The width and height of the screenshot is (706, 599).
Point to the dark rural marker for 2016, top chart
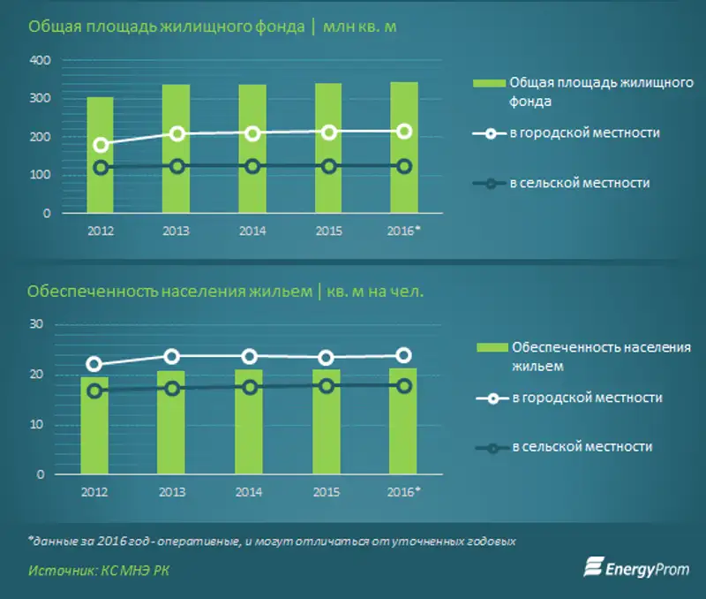point(405,166)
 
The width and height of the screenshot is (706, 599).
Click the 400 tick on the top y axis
point(41,60)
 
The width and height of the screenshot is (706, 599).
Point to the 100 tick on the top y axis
point(41,175)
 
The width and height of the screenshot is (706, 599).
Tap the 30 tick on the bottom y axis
point(36,324)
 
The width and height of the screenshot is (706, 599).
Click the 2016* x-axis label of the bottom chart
point(405,491)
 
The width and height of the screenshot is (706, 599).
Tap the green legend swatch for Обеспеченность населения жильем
point(492,347)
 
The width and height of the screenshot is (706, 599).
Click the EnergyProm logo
point(637,567)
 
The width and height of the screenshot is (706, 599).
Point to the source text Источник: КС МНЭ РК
point(98,571)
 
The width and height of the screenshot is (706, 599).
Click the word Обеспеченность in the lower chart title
point(79,291)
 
